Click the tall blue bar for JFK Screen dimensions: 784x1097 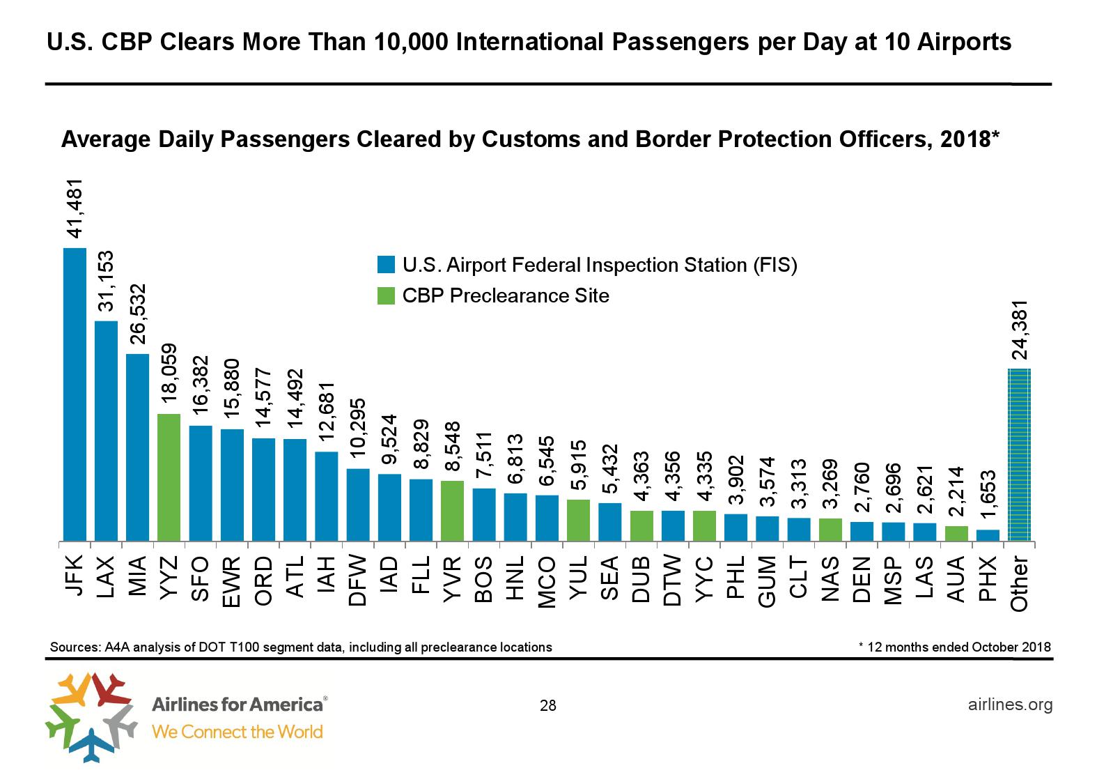[75, 394]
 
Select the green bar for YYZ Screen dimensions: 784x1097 [169, 477]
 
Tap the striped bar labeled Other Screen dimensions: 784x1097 [1020, 454]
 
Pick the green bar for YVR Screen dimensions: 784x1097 [453, 510]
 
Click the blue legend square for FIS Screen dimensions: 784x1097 [386, 266]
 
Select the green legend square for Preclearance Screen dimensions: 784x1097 [386, 296]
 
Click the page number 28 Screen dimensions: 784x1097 [548, 707]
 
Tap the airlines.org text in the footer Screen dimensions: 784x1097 [1010, 705]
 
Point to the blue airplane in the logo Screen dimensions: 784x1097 [89, 744]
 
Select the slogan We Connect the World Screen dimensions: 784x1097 [237, 732]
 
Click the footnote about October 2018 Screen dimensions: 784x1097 [955, 647]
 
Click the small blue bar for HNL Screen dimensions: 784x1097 [515, 517]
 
